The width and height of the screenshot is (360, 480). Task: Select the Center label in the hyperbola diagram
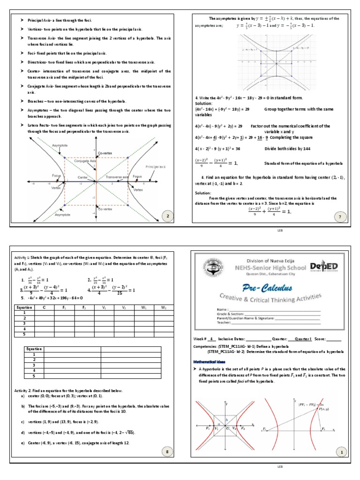point(83,178)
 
